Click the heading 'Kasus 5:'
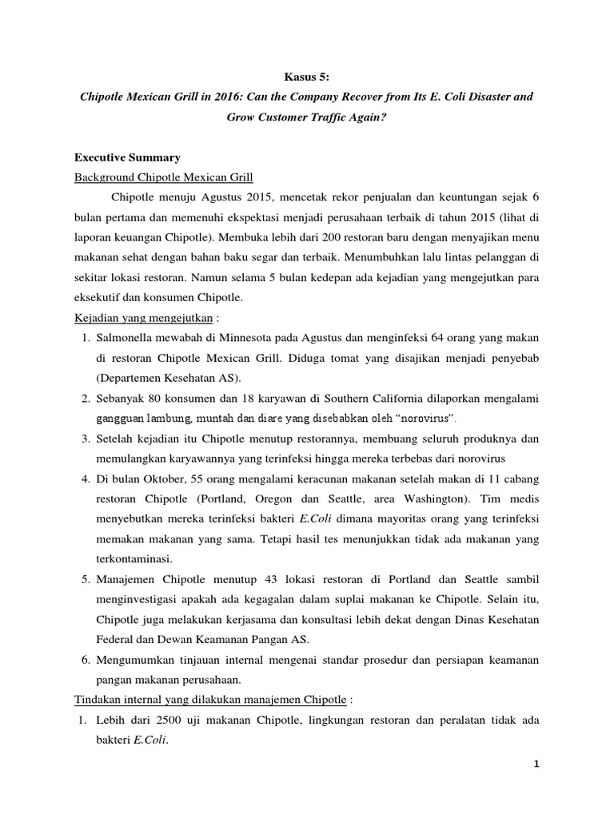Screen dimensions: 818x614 (x=307, y=76)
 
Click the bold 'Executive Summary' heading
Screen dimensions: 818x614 (x=127, y=157)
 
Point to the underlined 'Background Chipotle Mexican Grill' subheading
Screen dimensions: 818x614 (x=165, y=177)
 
